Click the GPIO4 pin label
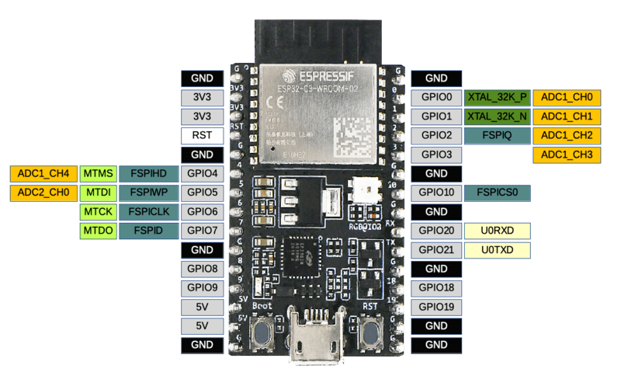(x=202, y=173)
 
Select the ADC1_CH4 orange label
(x=43, y=173)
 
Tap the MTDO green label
(x=98, y=231)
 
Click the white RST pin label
(x=202, y=136)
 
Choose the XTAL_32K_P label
(x=498, y=98)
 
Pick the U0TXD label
(x=498, y=250)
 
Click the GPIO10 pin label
(x=436, y=193)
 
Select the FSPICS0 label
(x=498, y=193)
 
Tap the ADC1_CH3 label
(x=566, y=155)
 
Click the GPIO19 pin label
(x=436, y=307)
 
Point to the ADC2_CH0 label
(x=43, y=193)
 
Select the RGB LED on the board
(x=364, y=189)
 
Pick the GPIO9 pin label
(x=202, y=287)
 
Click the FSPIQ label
(x=498, y=136)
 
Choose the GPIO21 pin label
(x=436, y=250)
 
